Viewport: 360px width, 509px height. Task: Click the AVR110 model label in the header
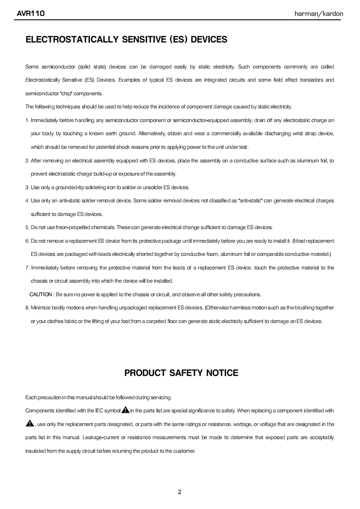coord(30,14)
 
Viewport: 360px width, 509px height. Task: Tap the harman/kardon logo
coord(319,14)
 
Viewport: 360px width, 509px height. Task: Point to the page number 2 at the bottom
coord(180,492)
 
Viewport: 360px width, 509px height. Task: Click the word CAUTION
coord(41,294)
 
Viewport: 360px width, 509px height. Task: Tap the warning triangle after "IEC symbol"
coord(126,410)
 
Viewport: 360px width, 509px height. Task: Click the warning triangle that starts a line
coord(30,424)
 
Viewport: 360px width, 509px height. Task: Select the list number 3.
coord(27,187)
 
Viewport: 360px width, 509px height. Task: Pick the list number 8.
coord(27,308)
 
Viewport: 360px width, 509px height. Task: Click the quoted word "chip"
coord(66,93)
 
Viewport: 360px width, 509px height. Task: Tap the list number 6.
coord(27,240)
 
